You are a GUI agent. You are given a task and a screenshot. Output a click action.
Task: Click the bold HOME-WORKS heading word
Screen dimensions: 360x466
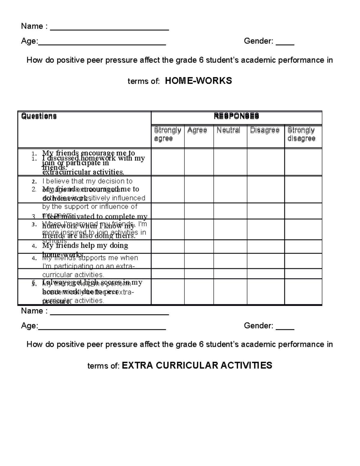click(198, 81)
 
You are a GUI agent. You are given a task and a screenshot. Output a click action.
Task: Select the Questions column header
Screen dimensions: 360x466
click(39, 116)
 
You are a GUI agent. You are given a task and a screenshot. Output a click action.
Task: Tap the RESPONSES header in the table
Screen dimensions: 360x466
click(236, 116)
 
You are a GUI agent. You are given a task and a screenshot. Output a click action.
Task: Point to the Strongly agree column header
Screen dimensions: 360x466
click(167, 134)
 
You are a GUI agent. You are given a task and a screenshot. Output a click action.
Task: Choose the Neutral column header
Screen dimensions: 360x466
click(228, 130)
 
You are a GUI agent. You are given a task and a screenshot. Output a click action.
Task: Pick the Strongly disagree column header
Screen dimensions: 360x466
click(301, 134)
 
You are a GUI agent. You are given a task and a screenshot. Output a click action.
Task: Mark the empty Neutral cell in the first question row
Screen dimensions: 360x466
click(230, 162)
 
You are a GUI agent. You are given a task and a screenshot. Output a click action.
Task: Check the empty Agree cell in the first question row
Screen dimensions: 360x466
click(199, 162)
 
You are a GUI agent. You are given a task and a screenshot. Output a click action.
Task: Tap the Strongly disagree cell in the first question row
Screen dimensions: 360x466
click(303, 162)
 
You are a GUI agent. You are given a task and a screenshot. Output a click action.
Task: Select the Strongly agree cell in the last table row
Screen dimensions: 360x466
click(167, 292)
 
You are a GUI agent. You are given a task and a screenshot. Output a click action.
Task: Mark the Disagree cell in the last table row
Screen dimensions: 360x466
click(265, 292)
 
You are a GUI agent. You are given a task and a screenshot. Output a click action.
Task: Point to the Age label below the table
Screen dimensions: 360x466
click(29, 326)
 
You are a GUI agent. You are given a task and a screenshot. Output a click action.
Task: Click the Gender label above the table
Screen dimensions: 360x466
click(258, 41)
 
